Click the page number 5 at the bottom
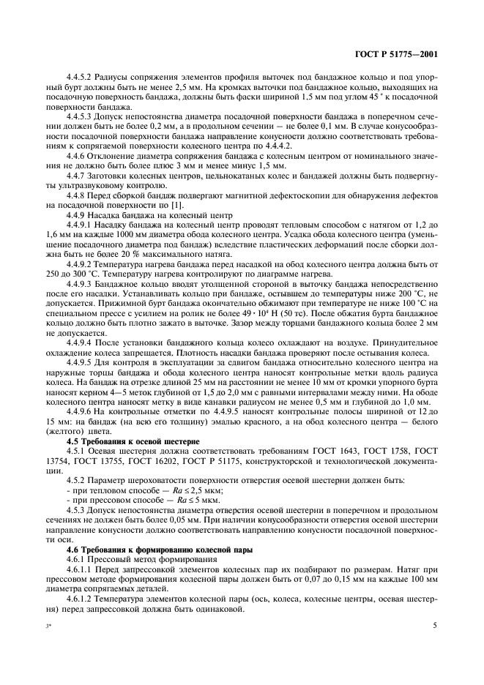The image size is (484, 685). pyautogui.click(x=435, y=626)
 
